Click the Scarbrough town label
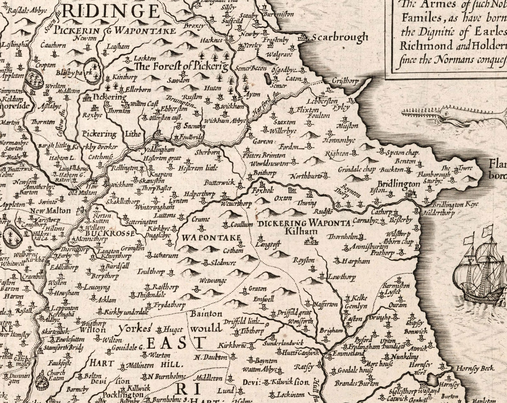(x=340, y=37)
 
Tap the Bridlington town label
(x=398, y=184)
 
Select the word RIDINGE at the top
(x=110, y=12)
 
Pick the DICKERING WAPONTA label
(x=304, y=223)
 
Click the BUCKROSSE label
(x=114, y=233)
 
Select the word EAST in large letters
(x=175, y=343)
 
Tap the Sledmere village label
(x=223, y=263)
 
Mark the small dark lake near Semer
(x=267, y=77)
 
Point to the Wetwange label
(x=213, y=281)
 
